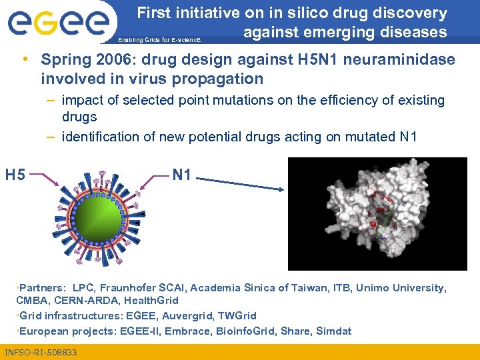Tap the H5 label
click(x=15, y=175)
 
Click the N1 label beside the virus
click(x=181, y=175)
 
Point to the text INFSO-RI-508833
click(x=41, y=352)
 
